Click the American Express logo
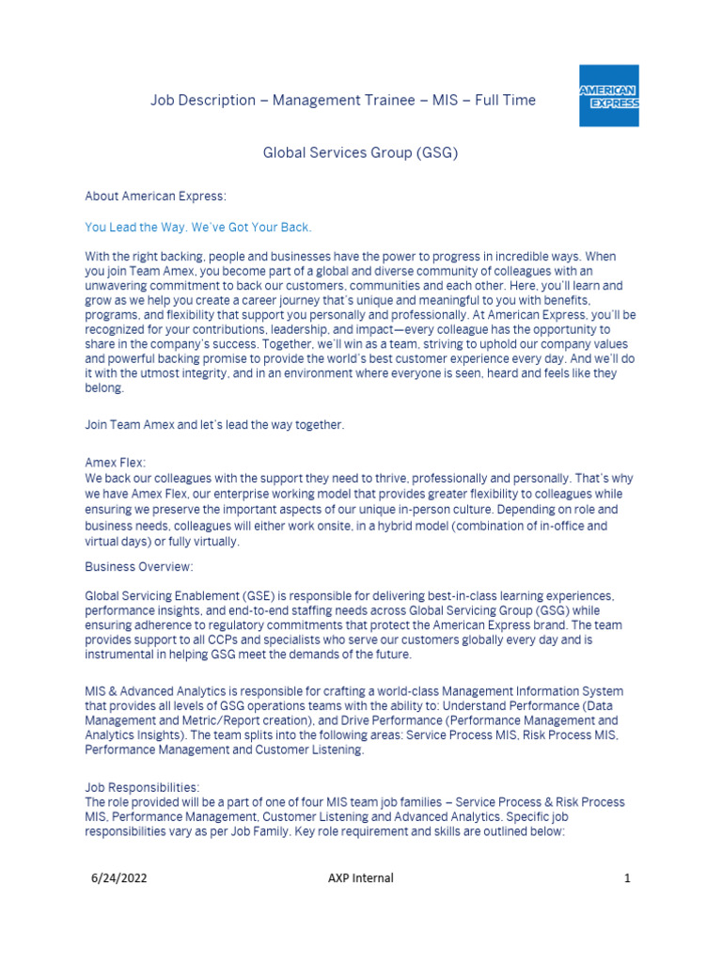(608, 96)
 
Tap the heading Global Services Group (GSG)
(360, 151)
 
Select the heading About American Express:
(156, 197)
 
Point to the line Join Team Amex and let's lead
(214, 425)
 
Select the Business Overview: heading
(138, 567)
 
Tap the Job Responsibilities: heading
(142, 787)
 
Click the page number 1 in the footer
(627, 878)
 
